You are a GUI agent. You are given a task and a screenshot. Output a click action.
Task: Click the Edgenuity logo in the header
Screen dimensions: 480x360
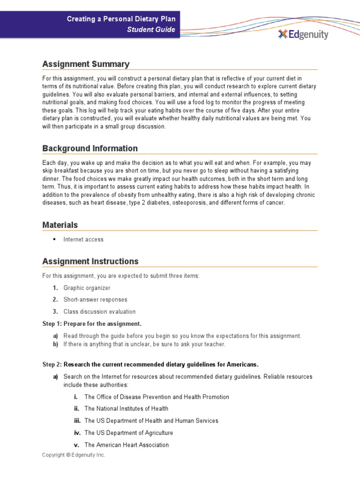303,34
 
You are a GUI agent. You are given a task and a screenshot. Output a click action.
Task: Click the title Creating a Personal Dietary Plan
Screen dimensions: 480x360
121,19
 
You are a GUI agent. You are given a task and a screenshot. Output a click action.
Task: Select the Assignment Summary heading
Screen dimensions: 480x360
86,64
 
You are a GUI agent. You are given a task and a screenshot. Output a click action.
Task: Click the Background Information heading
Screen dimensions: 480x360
90,149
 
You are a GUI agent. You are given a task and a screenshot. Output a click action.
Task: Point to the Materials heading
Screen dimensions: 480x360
60,225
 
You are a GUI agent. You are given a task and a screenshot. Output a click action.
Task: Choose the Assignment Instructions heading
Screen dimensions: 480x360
90,261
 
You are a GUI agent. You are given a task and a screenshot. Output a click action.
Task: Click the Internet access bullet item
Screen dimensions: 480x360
83,240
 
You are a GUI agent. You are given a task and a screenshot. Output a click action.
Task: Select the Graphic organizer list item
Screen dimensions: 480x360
87,288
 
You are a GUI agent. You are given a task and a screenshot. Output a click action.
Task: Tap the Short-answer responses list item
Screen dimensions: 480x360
95,300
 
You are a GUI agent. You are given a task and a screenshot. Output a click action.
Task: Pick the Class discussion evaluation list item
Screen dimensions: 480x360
99,312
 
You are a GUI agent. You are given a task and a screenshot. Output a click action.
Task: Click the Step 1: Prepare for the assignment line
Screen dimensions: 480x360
91,324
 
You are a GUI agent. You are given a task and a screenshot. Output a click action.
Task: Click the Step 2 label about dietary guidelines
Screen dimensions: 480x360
150,365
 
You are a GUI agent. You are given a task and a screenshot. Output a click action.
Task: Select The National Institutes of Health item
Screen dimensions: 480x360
126,409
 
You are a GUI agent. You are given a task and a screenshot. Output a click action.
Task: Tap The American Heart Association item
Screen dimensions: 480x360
127,445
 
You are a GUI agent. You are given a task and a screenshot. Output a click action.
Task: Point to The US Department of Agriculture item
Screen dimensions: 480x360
128,433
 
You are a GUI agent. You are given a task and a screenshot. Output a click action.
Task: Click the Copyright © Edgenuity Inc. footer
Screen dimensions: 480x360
74,455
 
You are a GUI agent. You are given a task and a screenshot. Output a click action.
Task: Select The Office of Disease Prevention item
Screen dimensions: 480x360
157,397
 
